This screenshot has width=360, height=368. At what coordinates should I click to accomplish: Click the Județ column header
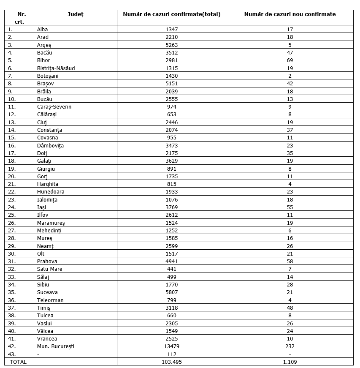(76, 14)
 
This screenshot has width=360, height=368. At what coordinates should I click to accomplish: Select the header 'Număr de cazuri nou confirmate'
(290, 14)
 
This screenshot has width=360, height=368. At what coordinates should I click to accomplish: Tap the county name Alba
(42, 30)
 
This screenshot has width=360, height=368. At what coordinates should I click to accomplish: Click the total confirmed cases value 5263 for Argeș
(172, 45)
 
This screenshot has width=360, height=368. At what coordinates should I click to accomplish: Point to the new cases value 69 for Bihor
(290, 60)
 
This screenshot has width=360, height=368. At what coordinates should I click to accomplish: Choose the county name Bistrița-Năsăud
(56, 68)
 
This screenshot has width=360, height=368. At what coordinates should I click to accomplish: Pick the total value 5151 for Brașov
(172, 84)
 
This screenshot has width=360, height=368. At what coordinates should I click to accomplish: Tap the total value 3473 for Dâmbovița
(172, 145)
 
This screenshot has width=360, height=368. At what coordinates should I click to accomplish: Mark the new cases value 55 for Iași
(290, 207)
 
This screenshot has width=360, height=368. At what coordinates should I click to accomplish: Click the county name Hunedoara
(51, 192)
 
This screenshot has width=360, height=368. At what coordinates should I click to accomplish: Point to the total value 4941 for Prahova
(172, 261)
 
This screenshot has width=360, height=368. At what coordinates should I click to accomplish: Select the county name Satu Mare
(49, 269)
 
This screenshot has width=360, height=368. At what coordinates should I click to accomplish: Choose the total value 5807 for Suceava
(172, 292)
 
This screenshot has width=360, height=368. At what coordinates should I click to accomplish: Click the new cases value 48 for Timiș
(290, 308)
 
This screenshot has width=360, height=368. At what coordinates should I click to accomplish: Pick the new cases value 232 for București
(290, 346)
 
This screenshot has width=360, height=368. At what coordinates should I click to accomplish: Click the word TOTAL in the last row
(18, 362)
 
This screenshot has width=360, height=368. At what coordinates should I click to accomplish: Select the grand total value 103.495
(172, 362)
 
